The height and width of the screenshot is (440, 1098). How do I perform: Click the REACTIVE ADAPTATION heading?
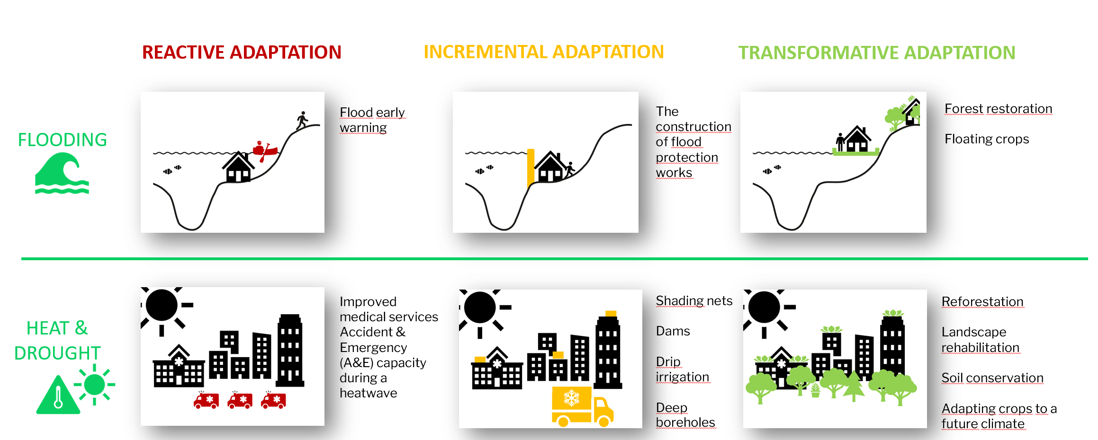[x=242, y=52]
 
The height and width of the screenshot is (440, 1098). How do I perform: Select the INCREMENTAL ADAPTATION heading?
[x=544, y=52]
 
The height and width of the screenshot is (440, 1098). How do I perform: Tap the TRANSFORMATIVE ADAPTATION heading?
[x=877, y=53]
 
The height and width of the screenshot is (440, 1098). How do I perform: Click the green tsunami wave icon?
[x=62, y=174]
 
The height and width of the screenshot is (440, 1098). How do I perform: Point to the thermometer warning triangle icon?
[x=58, y=396]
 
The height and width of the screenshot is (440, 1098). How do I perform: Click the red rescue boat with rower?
[x=264, y=150]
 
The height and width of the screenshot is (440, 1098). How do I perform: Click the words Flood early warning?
[x=372, y=120]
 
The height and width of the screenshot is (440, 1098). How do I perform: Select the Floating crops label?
[x=987, y=139]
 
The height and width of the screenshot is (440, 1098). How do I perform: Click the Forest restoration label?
[x=999, y=109]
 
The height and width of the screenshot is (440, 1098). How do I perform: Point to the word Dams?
[x=673, y=331]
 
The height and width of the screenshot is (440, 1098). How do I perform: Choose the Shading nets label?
[x=694, y=301]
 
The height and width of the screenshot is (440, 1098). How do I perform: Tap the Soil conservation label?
[x=992, y=378]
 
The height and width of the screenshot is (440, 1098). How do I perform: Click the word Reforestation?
[x=982, y=301]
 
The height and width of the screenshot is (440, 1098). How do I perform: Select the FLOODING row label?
[x=62, y=140]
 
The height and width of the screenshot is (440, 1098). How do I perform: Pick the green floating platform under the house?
[x=855, y=152]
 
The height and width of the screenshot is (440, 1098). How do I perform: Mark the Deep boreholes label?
[x=685, y=415]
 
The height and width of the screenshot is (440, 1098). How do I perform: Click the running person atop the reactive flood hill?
[x=302, y=120]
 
